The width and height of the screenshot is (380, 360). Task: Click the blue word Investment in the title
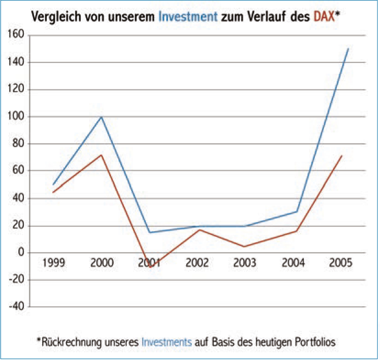[187, 17]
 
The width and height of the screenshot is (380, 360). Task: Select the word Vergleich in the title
[52, 17]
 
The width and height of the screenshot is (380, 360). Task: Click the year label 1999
[53, 263]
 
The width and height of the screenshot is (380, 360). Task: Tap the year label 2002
[197, 263]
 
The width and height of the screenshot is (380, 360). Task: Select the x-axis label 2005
[341, 263]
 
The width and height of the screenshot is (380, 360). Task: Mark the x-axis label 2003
[246, 263]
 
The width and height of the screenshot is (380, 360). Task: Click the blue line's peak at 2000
[101, 117]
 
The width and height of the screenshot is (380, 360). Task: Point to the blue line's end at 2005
[348, 49]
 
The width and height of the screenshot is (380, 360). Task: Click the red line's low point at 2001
[150, 267]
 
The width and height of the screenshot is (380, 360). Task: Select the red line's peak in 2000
[101, 155]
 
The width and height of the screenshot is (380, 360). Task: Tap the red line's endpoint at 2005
[342, 155]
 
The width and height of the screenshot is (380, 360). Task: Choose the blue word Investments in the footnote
[167, 342]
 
